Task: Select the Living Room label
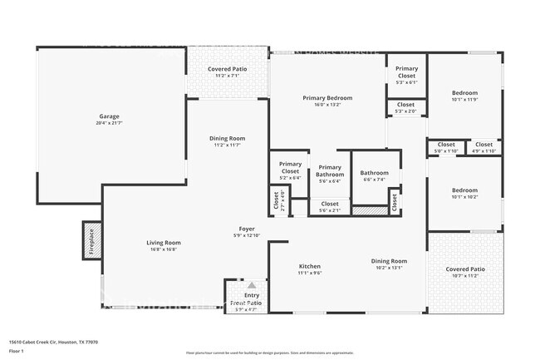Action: (164, 245)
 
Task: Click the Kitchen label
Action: (310, 269)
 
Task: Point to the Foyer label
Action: (247, 231)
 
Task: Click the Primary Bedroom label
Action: (326, 101)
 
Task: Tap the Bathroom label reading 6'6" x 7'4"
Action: (374, 175)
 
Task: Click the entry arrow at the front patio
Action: (251, 285)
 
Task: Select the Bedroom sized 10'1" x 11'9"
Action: (464, 96)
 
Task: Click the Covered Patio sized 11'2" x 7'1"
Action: (228, 72)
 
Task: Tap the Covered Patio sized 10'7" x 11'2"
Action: (464, 272)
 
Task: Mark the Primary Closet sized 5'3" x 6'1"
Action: (406, 75)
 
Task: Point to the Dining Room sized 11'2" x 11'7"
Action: (228, 141)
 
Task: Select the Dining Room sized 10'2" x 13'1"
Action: (388, 264)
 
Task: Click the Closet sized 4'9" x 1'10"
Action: (484, 147)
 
